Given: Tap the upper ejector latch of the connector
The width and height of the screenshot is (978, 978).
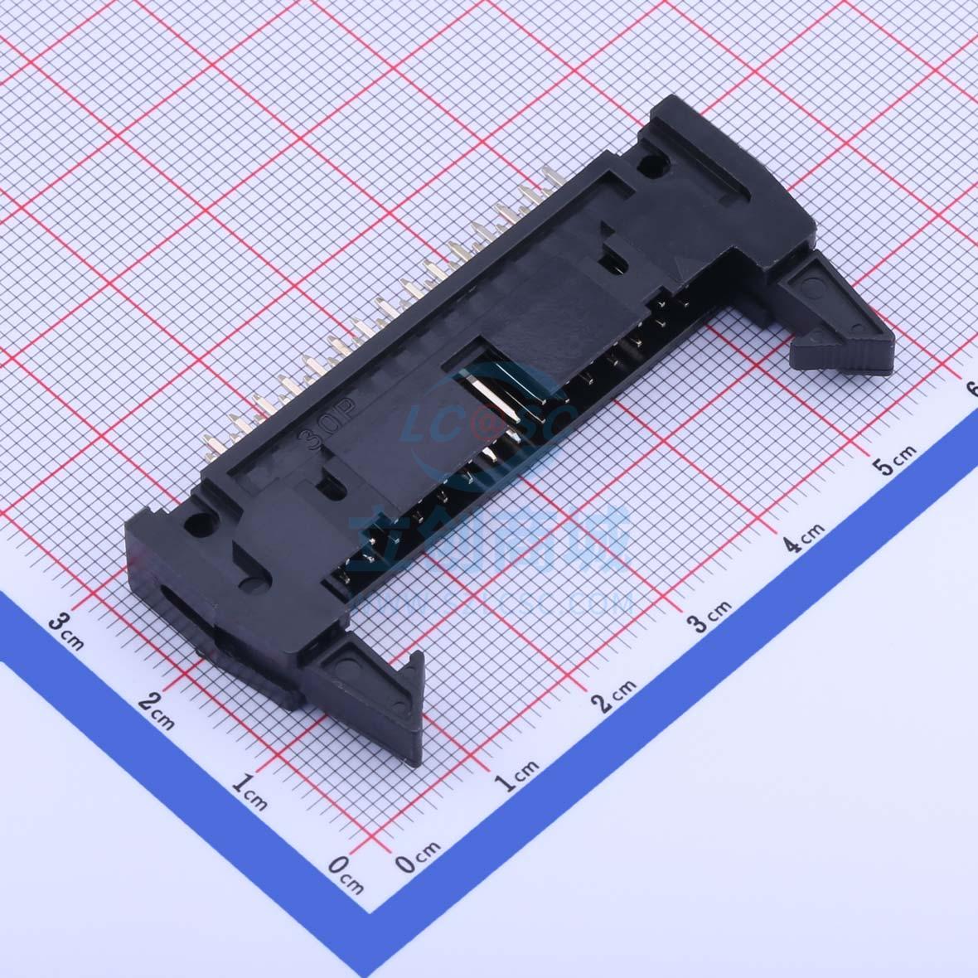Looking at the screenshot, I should pos(837,315).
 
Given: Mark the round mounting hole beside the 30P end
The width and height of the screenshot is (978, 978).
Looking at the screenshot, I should pos(199,524).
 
